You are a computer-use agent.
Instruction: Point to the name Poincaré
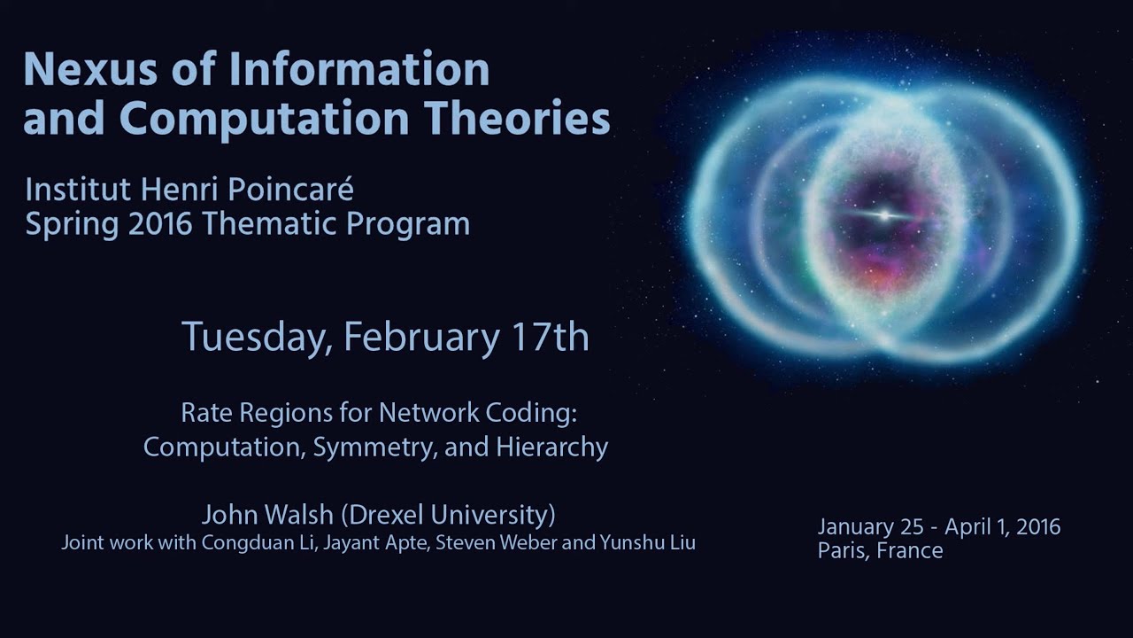pos(297,190)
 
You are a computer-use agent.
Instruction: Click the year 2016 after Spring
pos(160,224)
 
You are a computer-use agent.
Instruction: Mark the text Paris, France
pos(880,550)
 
